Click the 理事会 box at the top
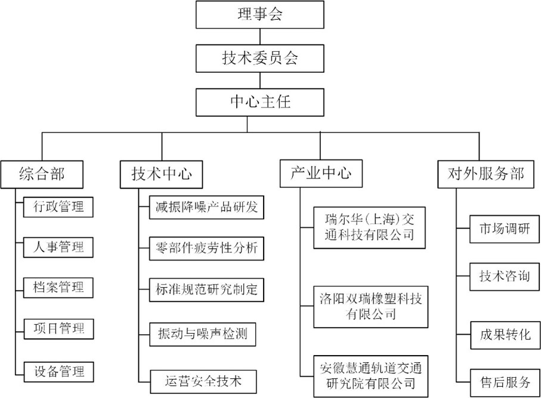click(259, 14)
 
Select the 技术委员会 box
click(259, 58)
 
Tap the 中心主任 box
click(259, 101)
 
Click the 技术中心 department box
click(161, 174)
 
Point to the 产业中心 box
click(320, 174)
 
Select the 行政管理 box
click(59, 206)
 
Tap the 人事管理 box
click(59, 246)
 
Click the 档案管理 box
click(59, 286)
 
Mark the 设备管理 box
click(59, 371)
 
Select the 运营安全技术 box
click(202, 380)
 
